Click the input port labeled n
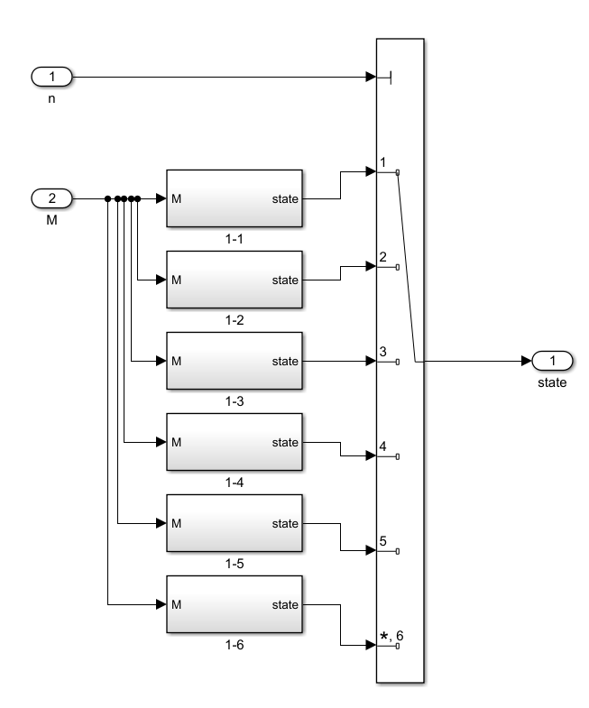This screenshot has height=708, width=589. pos(51,77)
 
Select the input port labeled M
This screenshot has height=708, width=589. pos(51,198)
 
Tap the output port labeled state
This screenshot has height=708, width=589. pos(552,361)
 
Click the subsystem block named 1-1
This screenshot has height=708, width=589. pos(235,198)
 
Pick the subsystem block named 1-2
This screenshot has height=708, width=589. pos(235,280)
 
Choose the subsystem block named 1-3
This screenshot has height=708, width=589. pos(235,361)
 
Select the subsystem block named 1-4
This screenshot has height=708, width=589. pos(235,442)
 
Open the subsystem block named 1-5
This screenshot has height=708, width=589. pos(235,523)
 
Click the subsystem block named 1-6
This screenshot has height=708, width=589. pos(235,604)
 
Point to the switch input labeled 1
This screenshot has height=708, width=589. pos(383,162)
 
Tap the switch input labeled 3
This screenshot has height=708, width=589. pos(383,351)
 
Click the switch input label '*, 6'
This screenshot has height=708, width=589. pos(391,636)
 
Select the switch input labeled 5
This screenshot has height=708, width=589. pos(383,541)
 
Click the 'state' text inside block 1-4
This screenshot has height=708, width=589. pos(285,443)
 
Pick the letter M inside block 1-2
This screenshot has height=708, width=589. pos(176,280)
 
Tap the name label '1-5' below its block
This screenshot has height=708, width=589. pos(235,564)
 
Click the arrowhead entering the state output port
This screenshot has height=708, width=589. pos(527,361)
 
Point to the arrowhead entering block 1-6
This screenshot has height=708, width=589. pos(161,604)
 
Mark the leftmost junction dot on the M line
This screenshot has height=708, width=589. pos(107,198)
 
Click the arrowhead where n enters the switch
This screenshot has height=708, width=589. pos(371,77)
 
